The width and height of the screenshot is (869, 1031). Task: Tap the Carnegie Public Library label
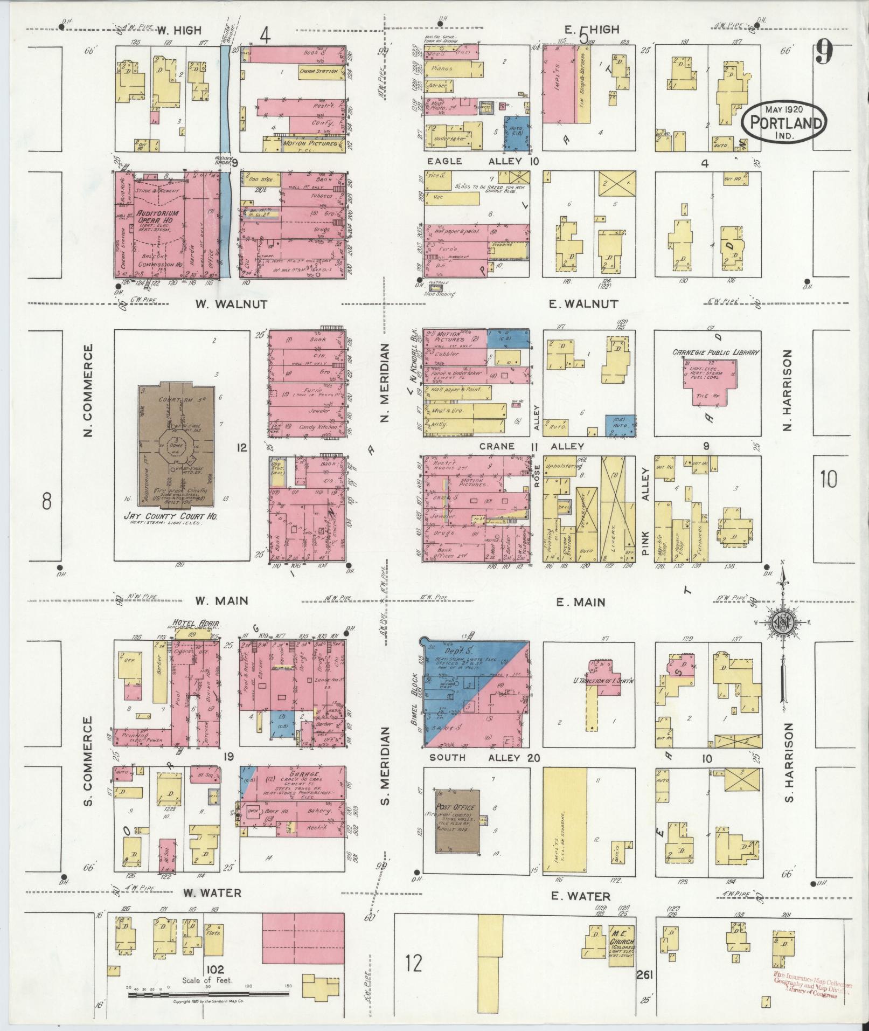click(x=715, y=352)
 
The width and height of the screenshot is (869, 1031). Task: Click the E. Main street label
click(x=581, y=602)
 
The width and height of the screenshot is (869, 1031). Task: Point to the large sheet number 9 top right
click(x=824, y=53)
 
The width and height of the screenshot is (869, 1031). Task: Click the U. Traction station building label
click(x=599, y=680)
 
